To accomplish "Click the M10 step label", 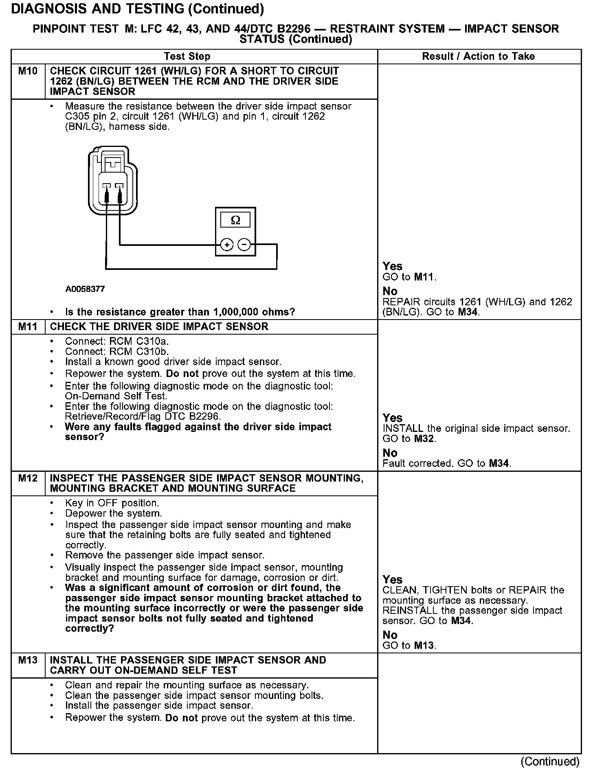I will click(28, 71).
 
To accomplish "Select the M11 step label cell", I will click(28, 326).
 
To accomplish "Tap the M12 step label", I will click(28, 478).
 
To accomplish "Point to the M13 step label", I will click(28, 660).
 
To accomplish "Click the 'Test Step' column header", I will click(187, 57).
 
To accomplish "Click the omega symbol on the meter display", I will click(235, 220).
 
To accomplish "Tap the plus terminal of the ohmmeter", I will click(226, 245).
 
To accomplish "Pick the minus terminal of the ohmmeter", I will click(244, 245).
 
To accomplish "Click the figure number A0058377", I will click(85, 289).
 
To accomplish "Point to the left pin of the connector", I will click(106, 187).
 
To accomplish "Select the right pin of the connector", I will click(120, 187).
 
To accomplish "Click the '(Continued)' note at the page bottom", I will click(549, 761).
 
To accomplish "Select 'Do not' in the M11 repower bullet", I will click(182, 374).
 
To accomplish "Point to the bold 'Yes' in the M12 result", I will click(392, 580).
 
